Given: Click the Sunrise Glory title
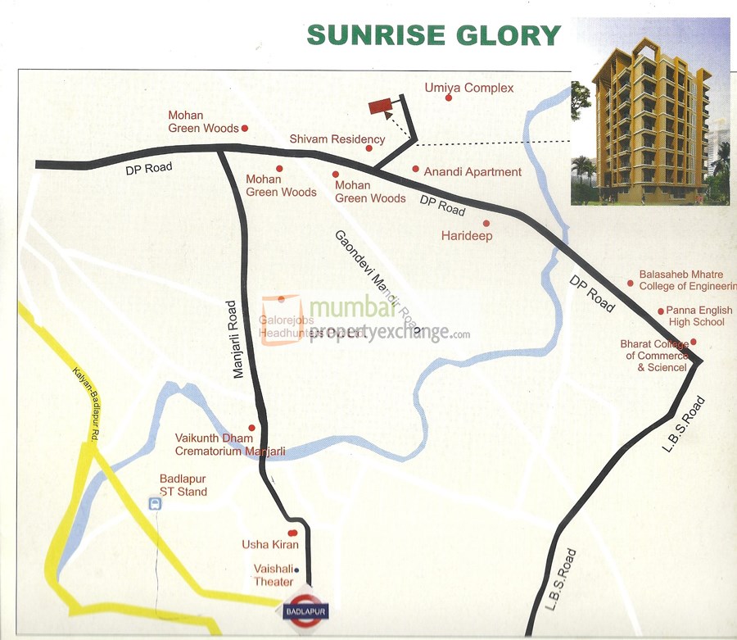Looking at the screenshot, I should point(433,35).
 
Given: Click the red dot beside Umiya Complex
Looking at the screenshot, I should point(449,98).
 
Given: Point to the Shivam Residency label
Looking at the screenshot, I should point(337,139).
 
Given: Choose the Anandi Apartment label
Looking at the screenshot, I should point(472,172).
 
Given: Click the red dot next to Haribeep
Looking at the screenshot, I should point(486,223).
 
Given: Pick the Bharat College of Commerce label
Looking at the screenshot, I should point(657,356).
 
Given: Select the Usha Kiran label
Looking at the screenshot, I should point(269,545).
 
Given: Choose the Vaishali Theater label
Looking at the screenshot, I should point(274,575).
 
